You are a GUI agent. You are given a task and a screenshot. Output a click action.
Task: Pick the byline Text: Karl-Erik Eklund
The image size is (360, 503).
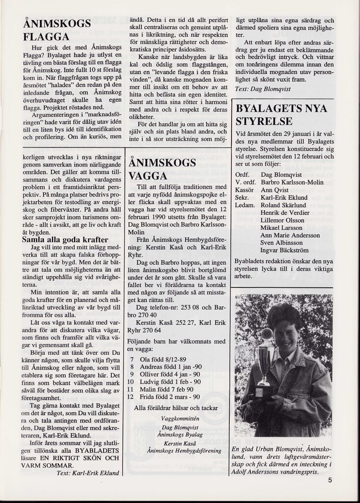(x=88, y=473)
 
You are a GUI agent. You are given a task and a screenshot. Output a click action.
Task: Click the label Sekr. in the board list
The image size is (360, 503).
(x=244, y=197)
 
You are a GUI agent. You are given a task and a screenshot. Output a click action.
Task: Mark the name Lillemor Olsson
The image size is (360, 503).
(x=282, y=221)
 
